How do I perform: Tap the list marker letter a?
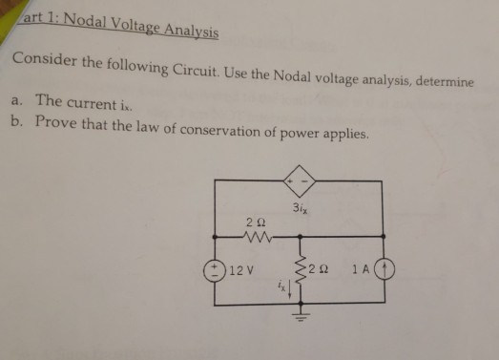tap(16, 99)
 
